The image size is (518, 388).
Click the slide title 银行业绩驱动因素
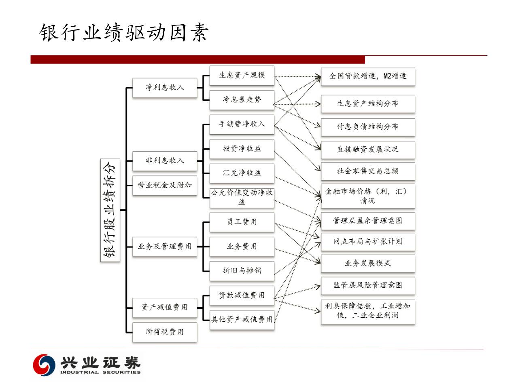click(x=124, y=32)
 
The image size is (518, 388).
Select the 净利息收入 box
click(x=165, y=87)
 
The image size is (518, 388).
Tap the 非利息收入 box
click(x=165, y=161)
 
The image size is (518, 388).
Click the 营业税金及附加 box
click(x=165, y=185)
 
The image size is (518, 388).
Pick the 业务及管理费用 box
click(x=165, y=246)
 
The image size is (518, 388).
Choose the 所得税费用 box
click(x=165, y=332)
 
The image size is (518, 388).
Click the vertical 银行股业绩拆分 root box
click(x=110, y=210)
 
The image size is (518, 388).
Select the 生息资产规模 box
click(x=242, y=75)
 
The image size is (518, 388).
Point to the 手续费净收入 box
click(x=242, y=124)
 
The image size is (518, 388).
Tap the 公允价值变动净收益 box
click(x=242, y=197)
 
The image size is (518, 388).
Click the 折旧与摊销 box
click(x=242, y=270)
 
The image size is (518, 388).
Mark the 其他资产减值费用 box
click(x=242, y=319)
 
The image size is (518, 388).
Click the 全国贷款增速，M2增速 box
click(x=367, y=76)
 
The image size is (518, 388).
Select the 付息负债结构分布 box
click(x=367, y=127)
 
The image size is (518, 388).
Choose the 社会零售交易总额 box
click(x=367, y=171)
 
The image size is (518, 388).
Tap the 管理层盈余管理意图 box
click(x=367, y=221)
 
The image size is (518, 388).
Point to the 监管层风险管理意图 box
click(x=367, y=285)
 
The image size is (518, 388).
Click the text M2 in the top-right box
click(x=388, y=76)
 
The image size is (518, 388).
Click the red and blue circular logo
click(x=44, y=364)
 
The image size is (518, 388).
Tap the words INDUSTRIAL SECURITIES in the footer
click(x=100, y=372)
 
